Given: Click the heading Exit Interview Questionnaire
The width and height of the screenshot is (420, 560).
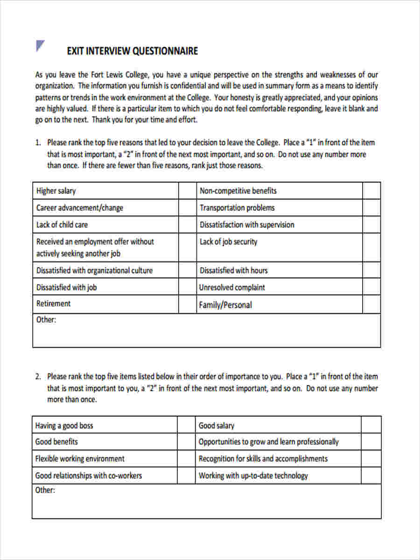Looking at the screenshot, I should point(132,51).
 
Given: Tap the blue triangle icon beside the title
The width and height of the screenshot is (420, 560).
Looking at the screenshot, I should point(40,46).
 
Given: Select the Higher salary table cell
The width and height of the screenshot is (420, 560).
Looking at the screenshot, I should point(56,191).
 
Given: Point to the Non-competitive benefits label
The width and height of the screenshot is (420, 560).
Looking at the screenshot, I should point(238,191).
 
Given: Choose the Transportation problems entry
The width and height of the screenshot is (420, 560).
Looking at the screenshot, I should point(237,208).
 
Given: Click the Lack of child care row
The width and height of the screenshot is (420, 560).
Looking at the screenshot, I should point(62,224).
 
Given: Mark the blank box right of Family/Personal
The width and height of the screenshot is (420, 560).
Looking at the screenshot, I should point(371,305).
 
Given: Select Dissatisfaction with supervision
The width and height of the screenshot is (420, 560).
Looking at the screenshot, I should point(247,224).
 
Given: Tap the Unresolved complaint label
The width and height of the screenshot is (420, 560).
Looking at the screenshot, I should point(232,287).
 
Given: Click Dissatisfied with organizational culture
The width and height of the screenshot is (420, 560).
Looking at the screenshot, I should point(94,270).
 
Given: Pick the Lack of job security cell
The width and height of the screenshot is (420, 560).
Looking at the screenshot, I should point(228,242).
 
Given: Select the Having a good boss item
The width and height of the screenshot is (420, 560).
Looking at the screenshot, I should point(64,426).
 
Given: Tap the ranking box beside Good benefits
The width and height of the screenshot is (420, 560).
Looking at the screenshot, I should point(186,441).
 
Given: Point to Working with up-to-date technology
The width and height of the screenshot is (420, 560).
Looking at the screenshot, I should point(253,476).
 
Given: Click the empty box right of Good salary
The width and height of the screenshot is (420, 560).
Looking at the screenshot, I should point(371,425).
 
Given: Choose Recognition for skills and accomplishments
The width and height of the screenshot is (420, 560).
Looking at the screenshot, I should point(263,459).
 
